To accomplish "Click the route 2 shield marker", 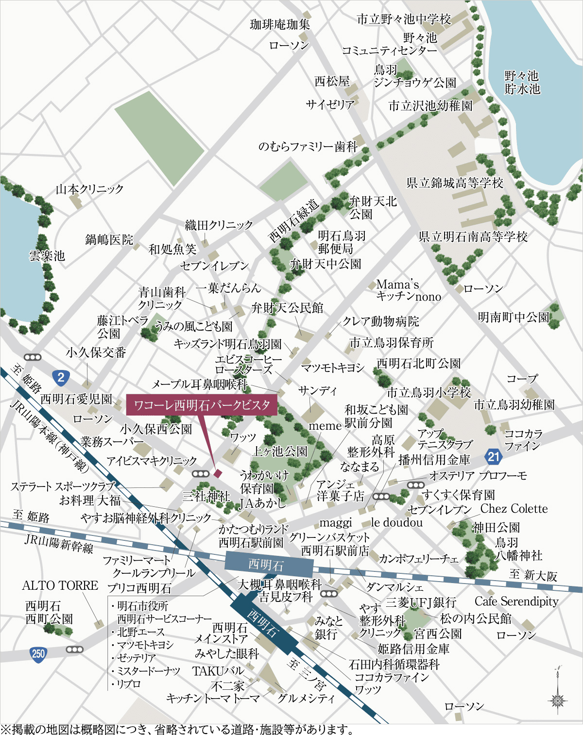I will [61, 377].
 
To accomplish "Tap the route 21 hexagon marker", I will [493, 456].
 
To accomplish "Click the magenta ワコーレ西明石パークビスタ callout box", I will [202, 405].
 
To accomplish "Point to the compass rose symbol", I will [558, 699].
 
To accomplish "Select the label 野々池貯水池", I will [522, 82].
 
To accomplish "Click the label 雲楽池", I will [47, 255].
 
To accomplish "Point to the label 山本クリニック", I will [89, 189].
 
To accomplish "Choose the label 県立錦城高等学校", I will [455, 183].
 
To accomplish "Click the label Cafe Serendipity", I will [516, 601].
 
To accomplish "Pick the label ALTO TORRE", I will [60, 585].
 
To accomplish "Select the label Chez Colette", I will [514, 509].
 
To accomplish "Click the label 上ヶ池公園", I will [280, 451].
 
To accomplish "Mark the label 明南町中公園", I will [513, 317].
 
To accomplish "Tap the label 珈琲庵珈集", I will [280, 24].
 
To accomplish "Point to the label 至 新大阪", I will [533, 575].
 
